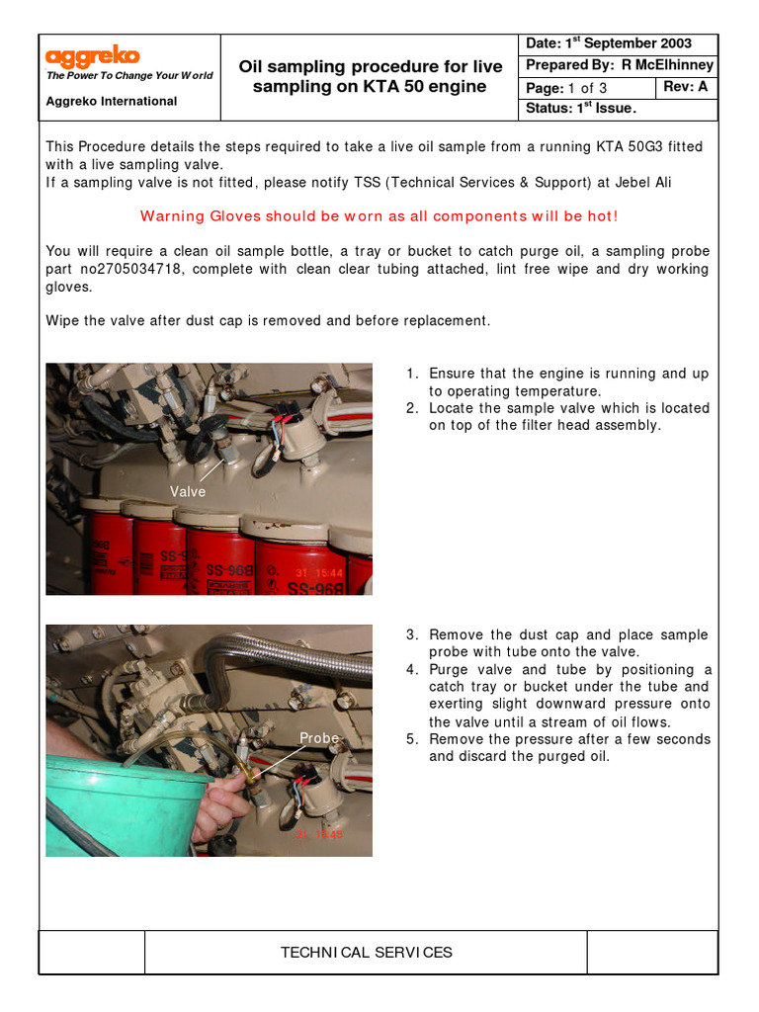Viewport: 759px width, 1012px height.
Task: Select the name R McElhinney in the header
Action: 667,65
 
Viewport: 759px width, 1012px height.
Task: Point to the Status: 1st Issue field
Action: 581,108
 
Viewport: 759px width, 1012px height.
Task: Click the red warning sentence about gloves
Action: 379,216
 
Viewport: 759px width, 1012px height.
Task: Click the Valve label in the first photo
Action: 188,491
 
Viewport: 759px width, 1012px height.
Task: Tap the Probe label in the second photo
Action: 319,738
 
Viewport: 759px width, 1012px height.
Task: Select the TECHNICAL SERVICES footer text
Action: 366,953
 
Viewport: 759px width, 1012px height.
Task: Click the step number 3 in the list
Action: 411,634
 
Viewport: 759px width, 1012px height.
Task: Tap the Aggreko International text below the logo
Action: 112,101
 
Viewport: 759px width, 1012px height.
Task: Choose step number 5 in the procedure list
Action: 411,739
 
